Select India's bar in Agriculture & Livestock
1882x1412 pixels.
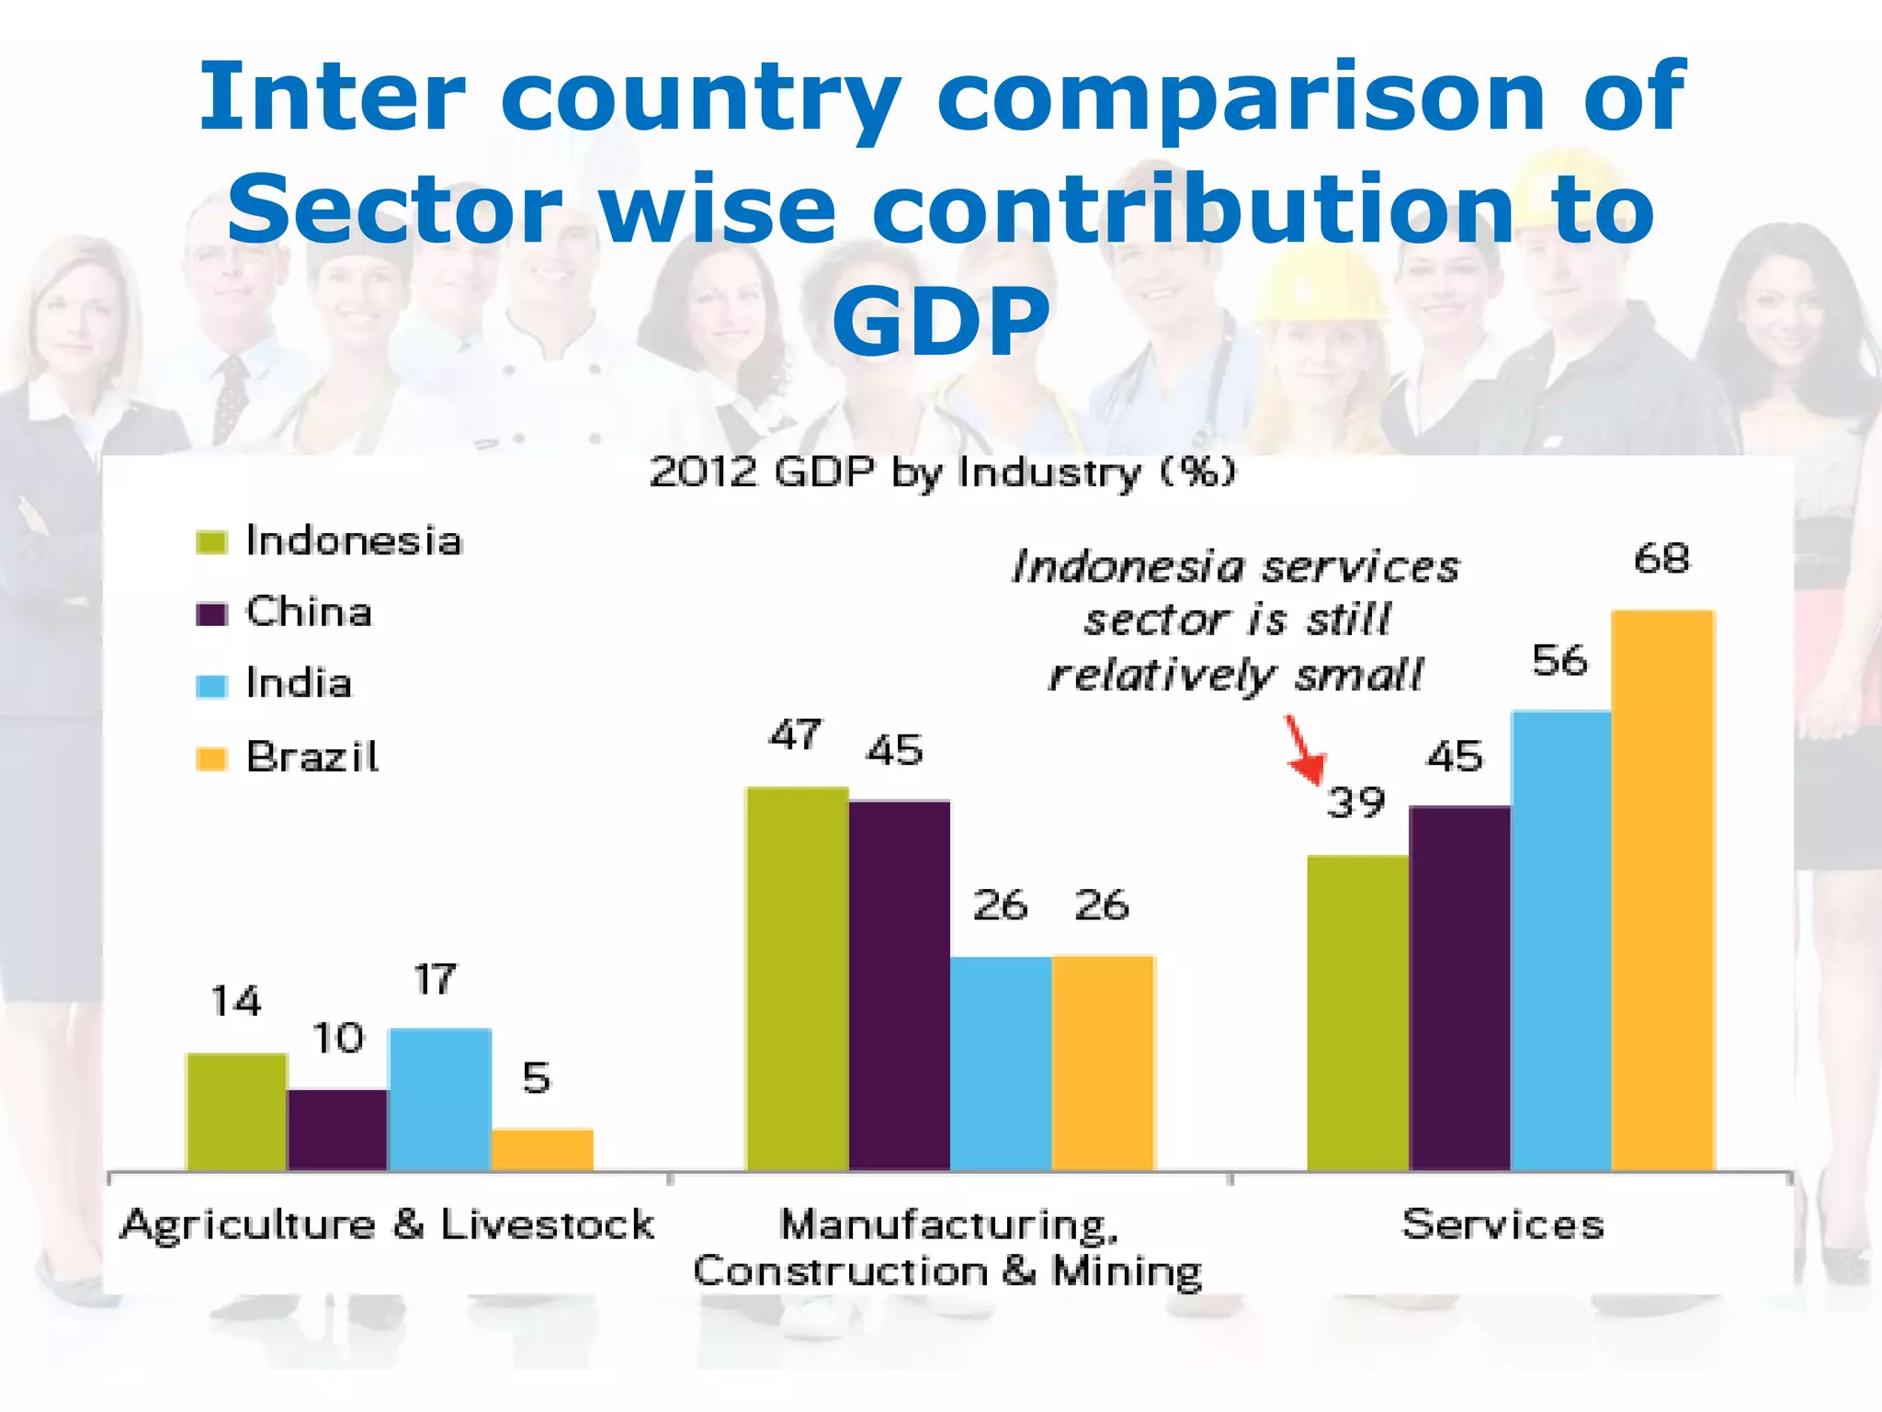click(440, 1099)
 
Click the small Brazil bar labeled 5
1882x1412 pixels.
click(542, 1149)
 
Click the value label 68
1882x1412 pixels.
click(1661, 559)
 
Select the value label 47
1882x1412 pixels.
click(796, 735)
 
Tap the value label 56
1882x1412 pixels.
click(1559, 661)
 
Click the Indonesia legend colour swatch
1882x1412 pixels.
click(211, 541)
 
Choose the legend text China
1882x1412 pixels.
click(309, 612)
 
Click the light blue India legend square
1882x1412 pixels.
click(211, 686)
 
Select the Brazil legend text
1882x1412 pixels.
click(312, 757)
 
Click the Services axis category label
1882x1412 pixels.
click(1502, 1224)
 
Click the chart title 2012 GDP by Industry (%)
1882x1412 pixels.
click(942, 473)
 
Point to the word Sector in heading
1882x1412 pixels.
click(395, 210)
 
